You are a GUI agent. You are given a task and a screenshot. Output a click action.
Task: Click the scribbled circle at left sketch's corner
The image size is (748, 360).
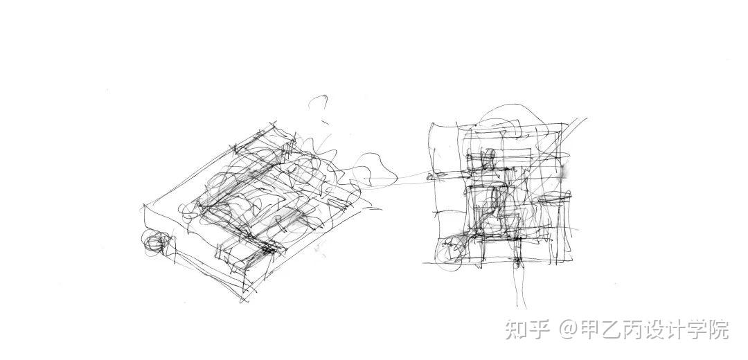tap(155, 242)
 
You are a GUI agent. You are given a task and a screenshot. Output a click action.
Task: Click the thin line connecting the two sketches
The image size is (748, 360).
tap(412, 179)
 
